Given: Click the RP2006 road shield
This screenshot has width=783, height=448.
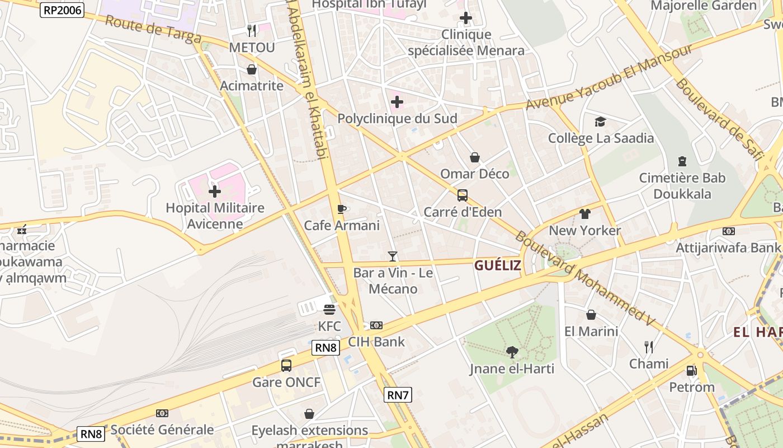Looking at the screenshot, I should (62, 10).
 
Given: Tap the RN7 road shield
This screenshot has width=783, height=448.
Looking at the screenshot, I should (398, 395).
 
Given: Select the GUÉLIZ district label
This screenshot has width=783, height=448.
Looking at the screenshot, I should (498, 265).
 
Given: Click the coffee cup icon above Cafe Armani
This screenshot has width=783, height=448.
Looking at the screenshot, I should (342, 209).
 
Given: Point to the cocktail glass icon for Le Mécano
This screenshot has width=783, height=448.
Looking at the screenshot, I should (393, 256).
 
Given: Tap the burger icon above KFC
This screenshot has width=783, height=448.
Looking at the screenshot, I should (329, 310).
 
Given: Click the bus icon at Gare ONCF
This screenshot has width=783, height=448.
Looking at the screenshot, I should (286, 366).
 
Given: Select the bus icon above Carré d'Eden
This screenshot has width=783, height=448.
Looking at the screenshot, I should (463, 195).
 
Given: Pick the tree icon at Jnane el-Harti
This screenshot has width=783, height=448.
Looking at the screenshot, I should (512, 352).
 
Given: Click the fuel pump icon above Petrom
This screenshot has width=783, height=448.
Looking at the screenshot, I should (692, 371).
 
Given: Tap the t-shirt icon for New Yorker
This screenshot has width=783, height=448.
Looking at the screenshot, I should (585, 214).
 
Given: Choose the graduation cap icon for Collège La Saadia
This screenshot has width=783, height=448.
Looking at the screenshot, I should (600, 122).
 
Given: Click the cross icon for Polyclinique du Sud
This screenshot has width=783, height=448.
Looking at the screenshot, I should (397, 102).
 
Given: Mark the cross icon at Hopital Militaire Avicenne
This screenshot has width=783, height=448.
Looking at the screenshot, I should (215, 192).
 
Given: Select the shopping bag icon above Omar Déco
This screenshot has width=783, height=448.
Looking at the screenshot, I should (475, 157).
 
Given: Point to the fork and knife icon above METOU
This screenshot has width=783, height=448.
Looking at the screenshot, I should (252, 30).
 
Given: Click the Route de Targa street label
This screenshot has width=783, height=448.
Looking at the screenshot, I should (153, 29).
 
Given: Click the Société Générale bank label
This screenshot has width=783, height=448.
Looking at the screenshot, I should (162, 430).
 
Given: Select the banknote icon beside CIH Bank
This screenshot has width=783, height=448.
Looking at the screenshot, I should (376, 325).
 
